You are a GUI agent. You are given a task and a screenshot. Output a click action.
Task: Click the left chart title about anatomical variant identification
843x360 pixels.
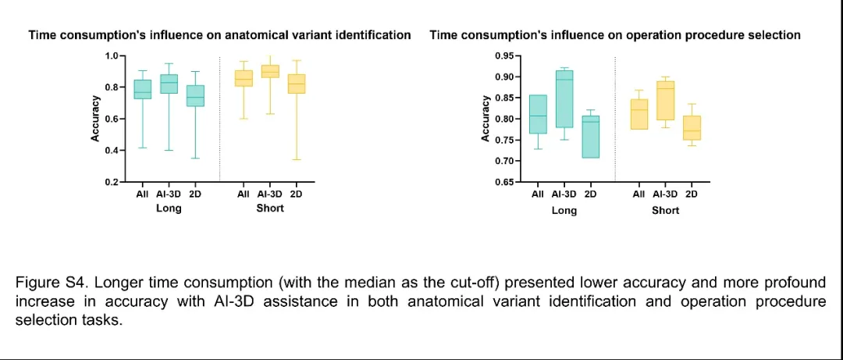219,35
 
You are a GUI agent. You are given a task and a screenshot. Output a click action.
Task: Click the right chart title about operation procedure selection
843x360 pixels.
615,35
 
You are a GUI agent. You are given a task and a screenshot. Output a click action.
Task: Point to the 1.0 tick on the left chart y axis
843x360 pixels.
111,56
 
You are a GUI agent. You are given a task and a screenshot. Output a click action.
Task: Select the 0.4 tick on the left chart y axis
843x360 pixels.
111,150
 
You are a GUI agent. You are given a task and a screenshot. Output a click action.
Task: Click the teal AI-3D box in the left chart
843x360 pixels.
169,84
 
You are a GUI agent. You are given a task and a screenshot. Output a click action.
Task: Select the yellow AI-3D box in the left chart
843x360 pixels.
270,71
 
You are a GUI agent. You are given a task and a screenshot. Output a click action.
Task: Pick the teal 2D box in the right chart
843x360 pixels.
590,137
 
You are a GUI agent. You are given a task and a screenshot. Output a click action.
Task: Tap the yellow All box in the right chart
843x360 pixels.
638,114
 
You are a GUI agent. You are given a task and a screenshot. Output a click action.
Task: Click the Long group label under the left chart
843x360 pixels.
169,209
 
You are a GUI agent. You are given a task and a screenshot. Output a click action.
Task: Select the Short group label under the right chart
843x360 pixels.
665,210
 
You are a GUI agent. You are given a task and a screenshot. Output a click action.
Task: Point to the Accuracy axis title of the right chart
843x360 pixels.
486,119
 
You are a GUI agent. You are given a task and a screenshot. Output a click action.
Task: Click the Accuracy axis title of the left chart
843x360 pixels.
95,119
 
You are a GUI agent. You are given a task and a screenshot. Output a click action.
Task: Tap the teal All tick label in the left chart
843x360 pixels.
142,194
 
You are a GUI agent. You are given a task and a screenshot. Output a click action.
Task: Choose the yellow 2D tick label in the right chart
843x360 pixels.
691,194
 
